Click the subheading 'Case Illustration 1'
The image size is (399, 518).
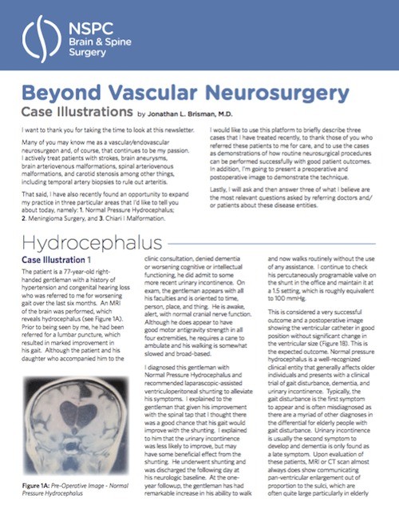pyautogui.click(x=57, y=238)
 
